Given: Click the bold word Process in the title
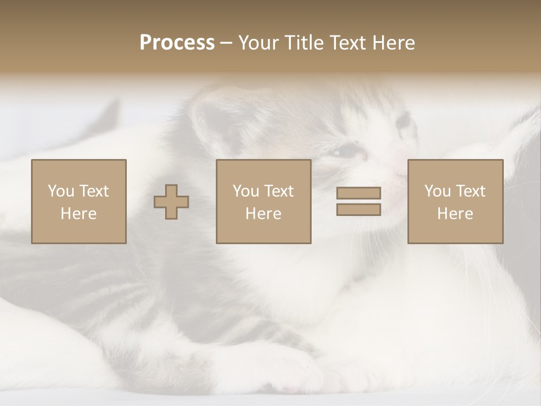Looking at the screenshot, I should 177,43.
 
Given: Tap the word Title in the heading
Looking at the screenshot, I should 302,43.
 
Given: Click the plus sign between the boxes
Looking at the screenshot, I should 171,202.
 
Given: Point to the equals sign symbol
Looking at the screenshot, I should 358,201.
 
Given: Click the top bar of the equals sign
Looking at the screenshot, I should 358,193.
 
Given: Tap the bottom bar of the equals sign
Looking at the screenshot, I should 358,209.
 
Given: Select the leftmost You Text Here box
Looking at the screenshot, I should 78,201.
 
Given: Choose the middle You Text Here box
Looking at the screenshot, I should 263,201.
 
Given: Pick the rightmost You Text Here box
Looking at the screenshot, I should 455,201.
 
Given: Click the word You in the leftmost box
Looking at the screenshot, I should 61,191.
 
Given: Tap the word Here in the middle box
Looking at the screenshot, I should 263,214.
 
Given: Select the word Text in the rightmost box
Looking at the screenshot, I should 471,191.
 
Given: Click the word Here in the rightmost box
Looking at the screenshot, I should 455,214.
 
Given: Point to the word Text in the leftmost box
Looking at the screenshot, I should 94,191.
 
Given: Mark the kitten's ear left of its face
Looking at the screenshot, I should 211,121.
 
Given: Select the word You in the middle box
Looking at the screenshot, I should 246,191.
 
